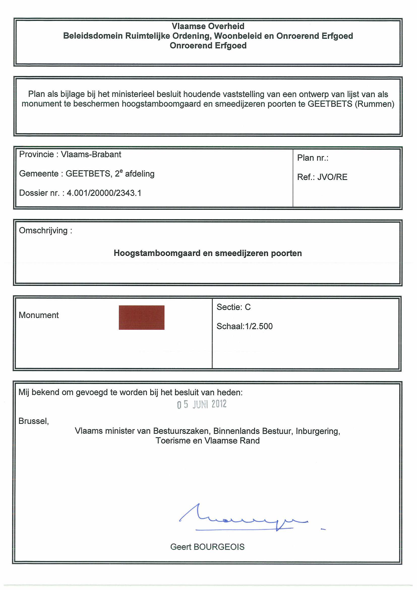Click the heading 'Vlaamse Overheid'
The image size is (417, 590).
click(208, 26)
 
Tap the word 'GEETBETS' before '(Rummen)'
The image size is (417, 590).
click(330, 104)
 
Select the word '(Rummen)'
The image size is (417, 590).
click(374, 104)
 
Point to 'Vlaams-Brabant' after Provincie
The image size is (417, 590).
click(91, 155)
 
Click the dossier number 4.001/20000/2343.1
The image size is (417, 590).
click(104, 193)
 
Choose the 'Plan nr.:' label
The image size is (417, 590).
click(313, 158)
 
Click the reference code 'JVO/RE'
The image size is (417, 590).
click(332, 177)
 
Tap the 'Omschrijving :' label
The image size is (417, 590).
click(45, 230)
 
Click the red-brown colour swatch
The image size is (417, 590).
click(141, 317)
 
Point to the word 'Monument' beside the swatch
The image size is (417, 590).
click(39, 315)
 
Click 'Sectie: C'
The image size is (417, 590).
click(233, 307)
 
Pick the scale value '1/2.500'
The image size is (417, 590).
click(259, 326)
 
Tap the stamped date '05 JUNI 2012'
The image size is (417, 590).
click(202, 404)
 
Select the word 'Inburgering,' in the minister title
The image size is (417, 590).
click(318, 431)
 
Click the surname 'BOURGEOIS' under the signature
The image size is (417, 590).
click(219, 547)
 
